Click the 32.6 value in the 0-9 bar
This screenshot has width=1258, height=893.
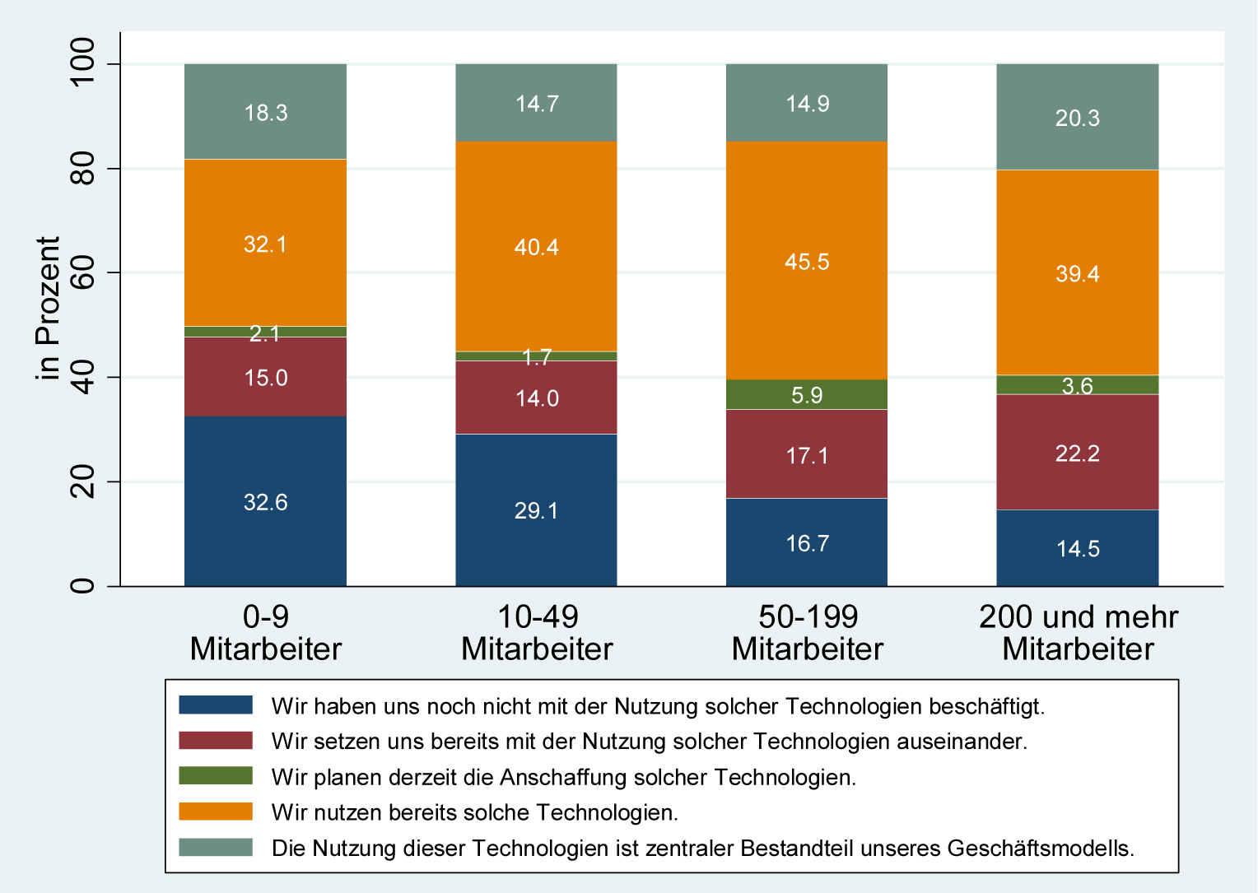[265, 502]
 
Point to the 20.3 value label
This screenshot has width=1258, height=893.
[1078, 119]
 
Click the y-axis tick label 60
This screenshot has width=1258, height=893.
[83, 273]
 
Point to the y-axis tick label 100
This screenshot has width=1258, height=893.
[83, 64]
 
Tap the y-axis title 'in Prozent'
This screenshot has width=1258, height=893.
[49, 309]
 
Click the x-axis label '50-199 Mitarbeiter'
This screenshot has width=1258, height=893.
[807, 633]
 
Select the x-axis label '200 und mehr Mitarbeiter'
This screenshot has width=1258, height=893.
[1078, 633]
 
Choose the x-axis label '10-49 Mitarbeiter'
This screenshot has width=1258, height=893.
[537, 633]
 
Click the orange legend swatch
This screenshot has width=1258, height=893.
[216, 812]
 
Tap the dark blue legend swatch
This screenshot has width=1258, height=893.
[216, 705]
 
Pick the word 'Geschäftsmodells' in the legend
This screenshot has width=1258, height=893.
[1040, 848]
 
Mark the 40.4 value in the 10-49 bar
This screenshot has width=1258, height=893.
[537, 247]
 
